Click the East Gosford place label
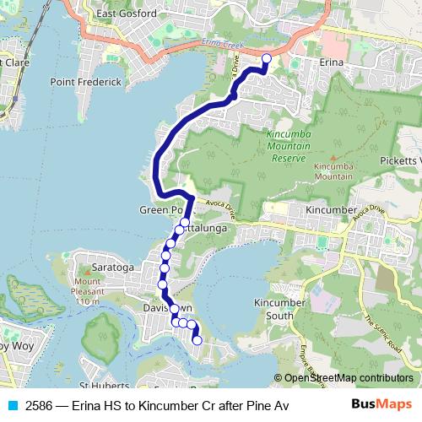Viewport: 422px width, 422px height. (x=127, y=14)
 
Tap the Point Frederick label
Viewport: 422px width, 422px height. (x=85, y=82)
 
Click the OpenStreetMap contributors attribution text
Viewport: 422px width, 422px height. (x=349, y=378)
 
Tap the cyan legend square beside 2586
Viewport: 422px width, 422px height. (x=11, y=405)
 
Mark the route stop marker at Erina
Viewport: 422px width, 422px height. (x=267, y=58)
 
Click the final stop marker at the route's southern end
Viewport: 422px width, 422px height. (x=197, y=341)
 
